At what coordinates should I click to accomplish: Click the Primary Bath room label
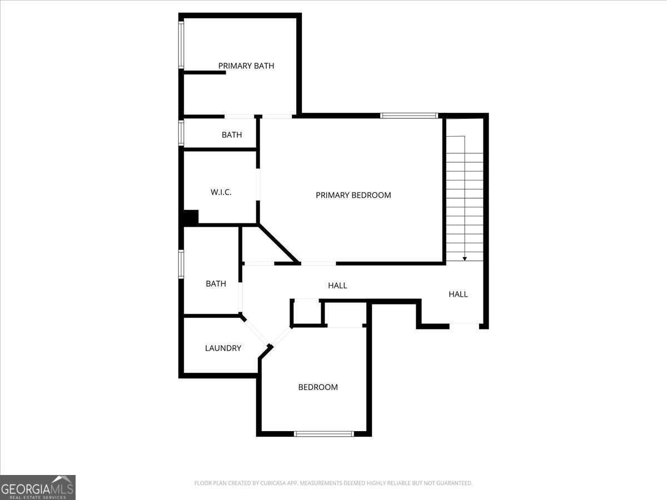246,66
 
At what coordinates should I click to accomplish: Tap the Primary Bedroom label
353,195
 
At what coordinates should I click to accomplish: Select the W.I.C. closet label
221,192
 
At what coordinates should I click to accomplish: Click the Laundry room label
223,348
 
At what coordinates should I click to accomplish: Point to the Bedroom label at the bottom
318,387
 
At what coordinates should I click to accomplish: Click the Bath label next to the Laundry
216,284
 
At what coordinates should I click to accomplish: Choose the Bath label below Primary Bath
232,135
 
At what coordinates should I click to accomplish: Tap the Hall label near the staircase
458,294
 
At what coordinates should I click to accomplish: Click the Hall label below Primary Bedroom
337,286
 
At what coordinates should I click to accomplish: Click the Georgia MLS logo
38,487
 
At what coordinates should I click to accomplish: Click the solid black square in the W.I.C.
191,217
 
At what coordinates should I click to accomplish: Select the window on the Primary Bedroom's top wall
409,116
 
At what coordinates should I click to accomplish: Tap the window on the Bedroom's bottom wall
323,434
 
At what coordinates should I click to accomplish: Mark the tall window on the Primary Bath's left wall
181,44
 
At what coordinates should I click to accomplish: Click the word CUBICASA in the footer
268,483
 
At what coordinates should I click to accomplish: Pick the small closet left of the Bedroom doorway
306,312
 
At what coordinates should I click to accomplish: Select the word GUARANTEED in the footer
453,483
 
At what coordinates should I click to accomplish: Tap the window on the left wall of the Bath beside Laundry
181,264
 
